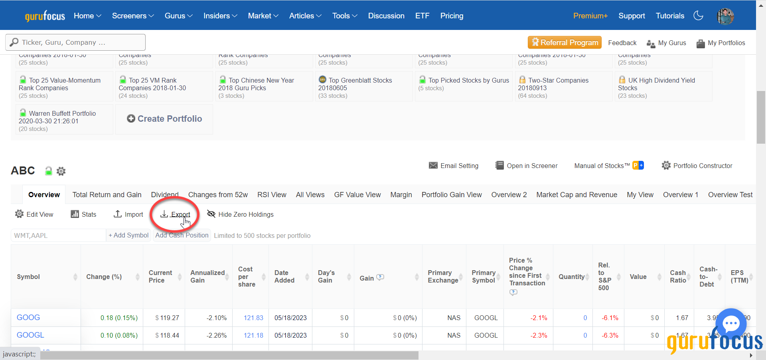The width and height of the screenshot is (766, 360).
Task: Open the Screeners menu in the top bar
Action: tap(132, 16)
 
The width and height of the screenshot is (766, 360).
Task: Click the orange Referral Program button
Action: tap(565, 42)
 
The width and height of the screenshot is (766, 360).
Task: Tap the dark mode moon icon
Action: tap(698, 16)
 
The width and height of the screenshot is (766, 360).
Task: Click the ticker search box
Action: tap(76, 42)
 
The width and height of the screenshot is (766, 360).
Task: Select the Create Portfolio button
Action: tap(164, 119)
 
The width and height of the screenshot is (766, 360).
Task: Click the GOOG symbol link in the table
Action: tap(28, 317)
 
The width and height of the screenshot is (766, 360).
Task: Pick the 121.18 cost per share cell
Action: tap(253, 335)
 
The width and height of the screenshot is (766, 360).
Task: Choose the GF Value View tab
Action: tap(357, 195)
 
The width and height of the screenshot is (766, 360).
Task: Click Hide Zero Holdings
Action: tap(241, 214)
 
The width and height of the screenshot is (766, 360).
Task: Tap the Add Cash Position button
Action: tap(182, 235)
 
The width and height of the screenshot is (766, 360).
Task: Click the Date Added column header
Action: tap(284, 277)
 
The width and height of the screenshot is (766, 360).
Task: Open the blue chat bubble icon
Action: tap(731, 324)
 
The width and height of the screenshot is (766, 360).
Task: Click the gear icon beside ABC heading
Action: tap(61, 171)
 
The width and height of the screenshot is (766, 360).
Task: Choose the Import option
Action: tap(128, 214)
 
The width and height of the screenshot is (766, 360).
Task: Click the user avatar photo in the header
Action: tap(725, 16)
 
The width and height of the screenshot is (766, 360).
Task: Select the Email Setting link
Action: tap(454, 166)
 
